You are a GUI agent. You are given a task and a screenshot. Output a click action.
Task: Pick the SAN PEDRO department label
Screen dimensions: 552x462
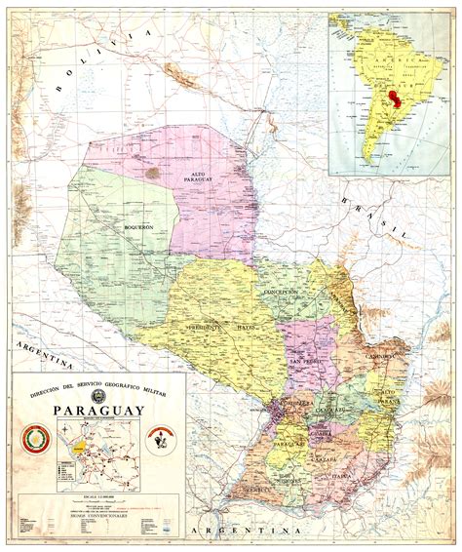(305, 362)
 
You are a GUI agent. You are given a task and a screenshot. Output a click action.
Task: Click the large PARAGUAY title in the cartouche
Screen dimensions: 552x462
(97, 410)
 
